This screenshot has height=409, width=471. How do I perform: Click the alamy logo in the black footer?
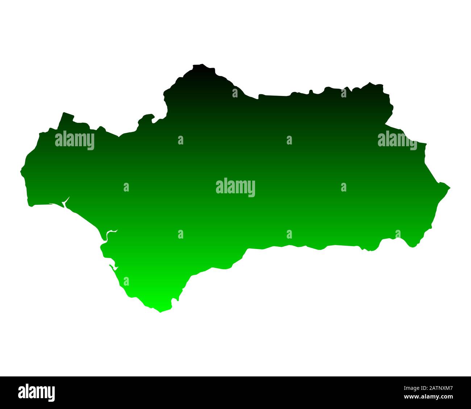point(37,392)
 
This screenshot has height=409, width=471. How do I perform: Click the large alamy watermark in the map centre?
point(236,187)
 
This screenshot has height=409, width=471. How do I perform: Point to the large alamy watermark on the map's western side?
point(75,140)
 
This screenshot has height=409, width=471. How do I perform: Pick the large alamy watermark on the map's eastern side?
point(397,140)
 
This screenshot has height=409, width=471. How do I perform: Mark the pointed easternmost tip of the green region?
point(449,187)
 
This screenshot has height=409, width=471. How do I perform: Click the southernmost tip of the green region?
point(161,312)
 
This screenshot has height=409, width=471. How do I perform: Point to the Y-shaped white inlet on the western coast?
point(66,202)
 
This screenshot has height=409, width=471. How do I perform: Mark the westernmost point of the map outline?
point(21,171)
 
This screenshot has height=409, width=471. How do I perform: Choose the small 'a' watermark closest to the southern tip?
point(126,281)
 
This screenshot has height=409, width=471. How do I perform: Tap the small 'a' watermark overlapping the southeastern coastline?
point(398,234)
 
